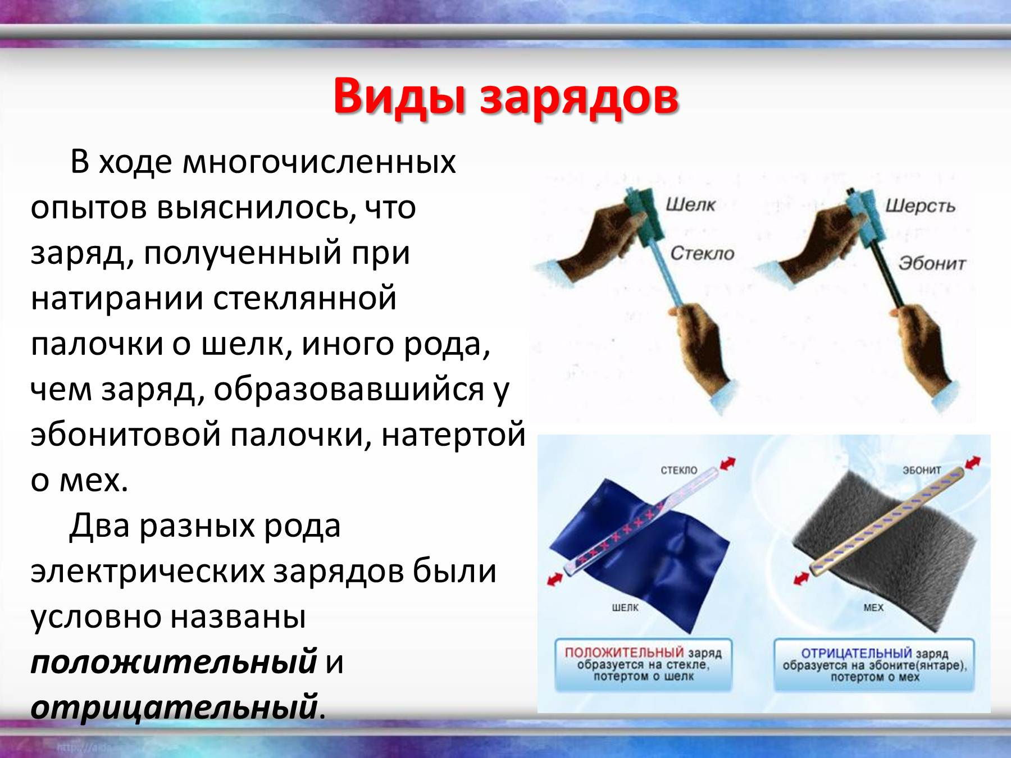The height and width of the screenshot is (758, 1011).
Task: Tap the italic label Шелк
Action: pos(690,204)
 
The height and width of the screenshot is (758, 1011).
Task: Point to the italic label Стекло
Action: pos(703,253)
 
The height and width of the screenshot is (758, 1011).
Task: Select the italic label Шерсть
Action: pos(921,207)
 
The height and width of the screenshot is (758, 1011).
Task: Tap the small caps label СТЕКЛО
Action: pos(679,470)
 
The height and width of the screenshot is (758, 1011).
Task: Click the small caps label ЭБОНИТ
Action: pos(922,470)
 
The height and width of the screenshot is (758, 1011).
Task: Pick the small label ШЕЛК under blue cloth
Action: pos(625,608)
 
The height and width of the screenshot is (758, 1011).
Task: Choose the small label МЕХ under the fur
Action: pos(873,608)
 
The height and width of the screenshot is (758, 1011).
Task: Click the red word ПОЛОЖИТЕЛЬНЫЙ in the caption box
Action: pos(624,652)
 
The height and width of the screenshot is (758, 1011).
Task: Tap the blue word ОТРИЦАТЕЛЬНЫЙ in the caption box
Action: pos(857,654)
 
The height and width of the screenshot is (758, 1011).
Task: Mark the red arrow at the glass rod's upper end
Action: pos(727,464)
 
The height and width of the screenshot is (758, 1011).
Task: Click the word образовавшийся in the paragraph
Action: pos(349,391)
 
